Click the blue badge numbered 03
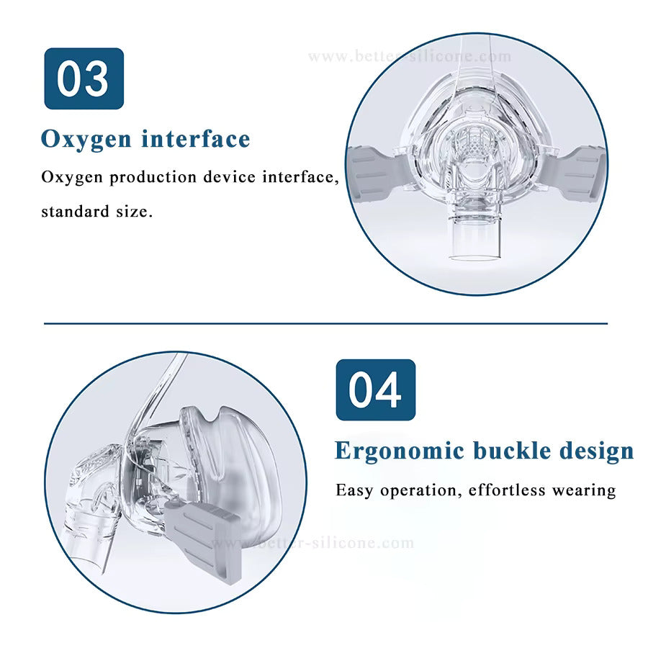pos(84,78)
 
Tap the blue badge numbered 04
pos(376,390)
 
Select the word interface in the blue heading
pos(196,138)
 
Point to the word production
pos(153,178)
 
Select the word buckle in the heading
pos(512,450)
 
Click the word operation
pos(418,491)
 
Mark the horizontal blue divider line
pos(325,323)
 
